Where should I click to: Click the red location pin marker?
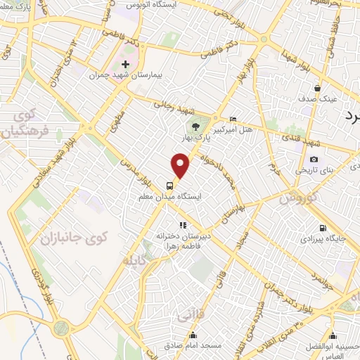point(181,165)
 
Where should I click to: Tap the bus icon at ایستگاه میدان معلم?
point(170,186)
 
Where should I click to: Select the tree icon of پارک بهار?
point(195,127)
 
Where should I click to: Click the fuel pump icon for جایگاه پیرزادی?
point(323,228)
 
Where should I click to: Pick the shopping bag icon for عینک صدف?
point(319,89)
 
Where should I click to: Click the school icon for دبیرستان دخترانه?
point(182,226)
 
